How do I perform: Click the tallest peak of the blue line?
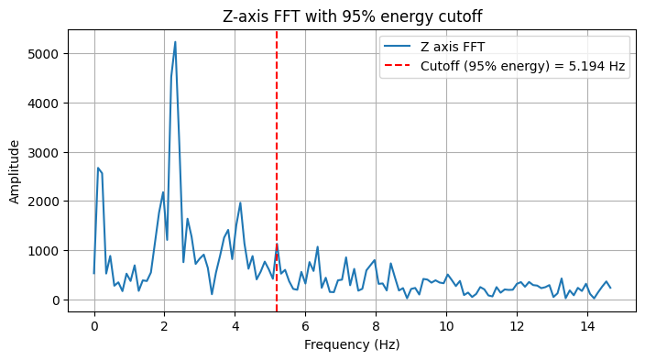point(175,42)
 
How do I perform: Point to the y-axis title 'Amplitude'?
point(16,171)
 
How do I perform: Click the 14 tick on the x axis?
point(587,324)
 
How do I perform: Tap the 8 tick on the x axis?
point(376,324)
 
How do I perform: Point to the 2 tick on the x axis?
point(164,324)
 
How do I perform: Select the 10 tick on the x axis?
point(446,324)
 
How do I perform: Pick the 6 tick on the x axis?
point(305,324)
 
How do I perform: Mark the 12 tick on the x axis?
point(517,324)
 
